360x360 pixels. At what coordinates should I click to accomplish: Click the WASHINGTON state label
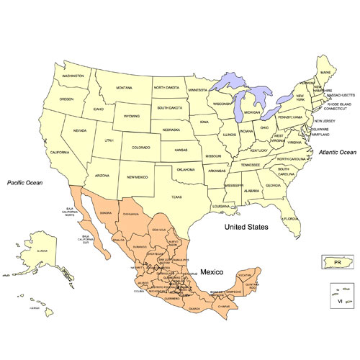(x=73, y=76)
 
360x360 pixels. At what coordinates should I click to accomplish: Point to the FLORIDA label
(x=290, y=218)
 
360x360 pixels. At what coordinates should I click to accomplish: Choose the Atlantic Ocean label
(x=337, y=152)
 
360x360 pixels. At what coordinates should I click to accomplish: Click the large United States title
(x=246, y=227)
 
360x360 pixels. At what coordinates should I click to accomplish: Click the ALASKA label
(x=42, y=251)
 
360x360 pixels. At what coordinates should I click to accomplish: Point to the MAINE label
(x=328, y=73)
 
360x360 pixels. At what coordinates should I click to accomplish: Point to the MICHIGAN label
(x=252, y=113)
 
